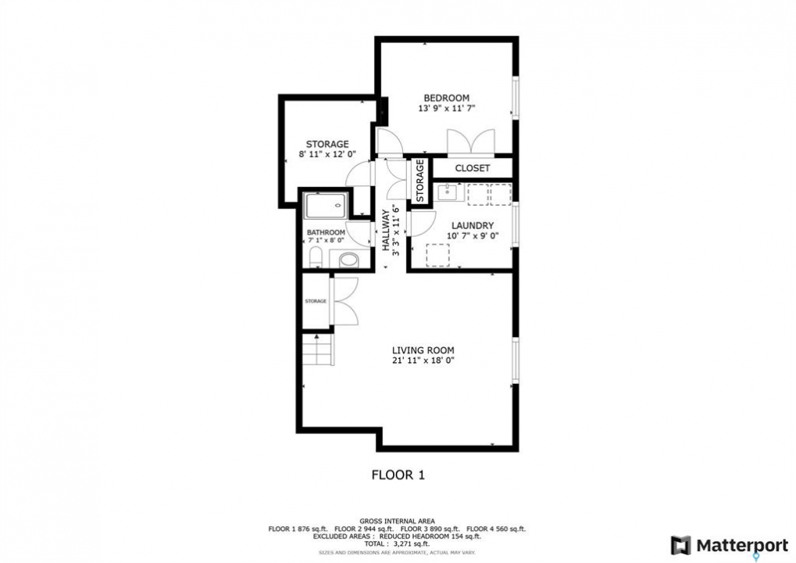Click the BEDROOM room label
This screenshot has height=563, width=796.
click(446, 98)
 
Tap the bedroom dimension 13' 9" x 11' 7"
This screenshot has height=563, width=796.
click(446, 108)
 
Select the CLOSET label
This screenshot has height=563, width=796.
click(472, 168)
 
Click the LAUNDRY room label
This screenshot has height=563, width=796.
click(472, 225)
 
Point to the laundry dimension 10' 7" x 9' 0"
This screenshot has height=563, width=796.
click(473, 236)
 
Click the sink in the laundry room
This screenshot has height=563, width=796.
click(448, 192)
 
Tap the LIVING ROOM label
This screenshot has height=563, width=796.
click(423, 350)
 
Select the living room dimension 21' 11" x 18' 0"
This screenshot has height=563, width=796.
click(423, 360)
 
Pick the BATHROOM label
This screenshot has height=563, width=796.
click(326, 233)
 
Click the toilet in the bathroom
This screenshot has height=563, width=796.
click(316, 256)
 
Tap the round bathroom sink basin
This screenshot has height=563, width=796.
click(348, 260)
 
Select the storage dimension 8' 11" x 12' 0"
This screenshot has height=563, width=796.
click(327, 155)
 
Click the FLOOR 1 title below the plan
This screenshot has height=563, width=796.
click(398, 475)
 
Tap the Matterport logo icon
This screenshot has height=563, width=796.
click(680, 545)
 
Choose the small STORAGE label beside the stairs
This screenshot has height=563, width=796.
click(316, 301)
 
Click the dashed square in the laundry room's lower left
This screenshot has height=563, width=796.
click(438, 255)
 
